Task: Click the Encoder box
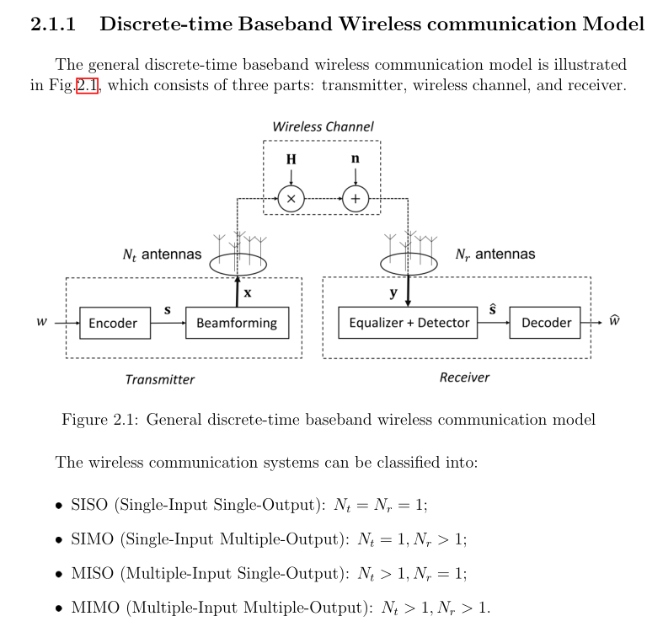pos(113,323)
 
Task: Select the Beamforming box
pos(236,323)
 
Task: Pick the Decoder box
pos(546,323)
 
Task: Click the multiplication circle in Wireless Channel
pos(291,199)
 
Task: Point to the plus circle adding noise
pos(356,199)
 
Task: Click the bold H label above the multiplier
pos(291,159)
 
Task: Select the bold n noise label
pos(356,159)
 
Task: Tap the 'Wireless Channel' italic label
pos(323,126)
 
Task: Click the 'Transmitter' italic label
pos(159,379)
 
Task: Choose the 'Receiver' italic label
pos(464,378)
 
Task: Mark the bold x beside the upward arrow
pos(248,293)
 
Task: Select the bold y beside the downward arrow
pos(393,293)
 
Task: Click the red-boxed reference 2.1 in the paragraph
pos(88,85)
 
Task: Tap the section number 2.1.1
pos(54,24)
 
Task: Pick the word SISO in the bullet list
pos(88,506)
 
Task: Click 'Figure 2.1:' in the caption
pos(99,420)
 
